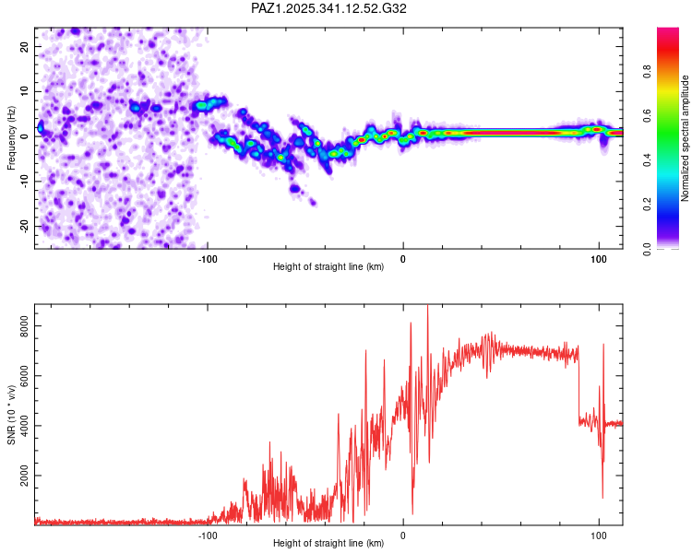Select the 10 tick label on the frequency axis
(x=25, y=90)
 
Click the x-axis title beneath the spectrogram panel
(x=328, y=267)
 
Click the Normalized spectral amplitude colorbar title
(x=686, y=138)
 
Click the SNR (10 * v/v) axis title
(x=11, y=415)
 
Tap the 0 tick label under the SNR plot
(x=403, y=535)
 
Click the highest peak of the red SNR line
(x=427, y=307)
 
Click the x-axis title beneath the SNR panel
(x=328, y=544)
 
